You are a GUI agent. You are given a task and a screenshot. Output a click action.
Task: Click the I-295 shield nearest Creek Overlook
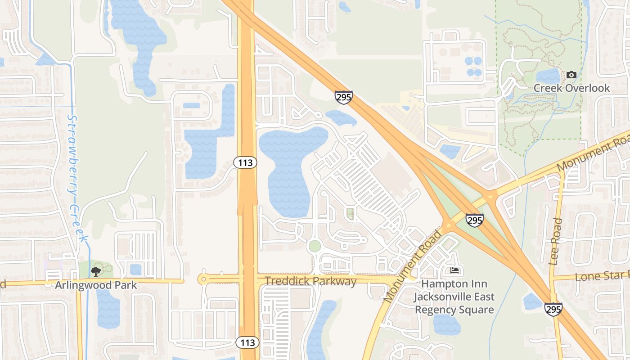coord(343,97)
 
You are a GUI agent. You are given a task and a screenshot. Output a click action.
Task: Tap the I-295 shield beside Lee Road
coord(553,309)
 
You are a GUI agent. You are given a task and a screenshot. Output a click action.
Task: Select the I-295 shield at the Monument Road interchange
coord(474,220)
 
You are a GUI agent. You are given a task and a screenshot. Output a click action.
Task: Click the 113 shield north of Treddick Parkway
coord(245,162)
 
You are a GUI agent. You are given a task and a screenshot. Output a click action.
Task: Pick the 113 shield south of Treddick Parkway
coord(247,342)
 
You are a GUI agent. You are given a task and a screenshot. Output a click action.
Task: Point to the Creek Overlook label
coord(571,88)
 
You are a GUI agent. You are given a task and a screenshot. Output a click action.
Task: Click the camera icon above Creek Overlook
coord(571,75)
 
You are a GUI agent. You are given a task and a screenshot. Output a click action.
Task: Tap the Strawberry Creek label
coord(75,178)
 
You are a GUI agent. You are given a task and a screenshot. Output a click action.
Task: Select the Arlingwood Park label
coord(96,285)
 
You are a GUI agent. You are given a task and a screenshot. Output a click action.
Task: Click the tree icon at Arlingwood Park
coord(95,271)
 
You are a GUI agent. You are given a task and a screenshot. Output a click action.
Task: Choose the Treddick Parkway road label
coord(310,282)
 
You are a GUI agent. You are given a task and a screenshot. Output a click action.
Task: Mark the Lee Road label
coord(556,241)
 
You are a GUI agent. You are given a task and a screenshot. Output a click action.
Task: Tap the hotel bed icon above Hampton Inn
coord(454,271)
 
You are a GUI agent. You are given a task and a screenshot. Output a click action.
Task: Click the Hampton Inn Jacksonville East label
coord(454,297)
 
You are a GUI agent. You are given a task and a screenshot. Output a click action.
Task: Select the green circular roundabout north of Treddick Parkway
coord(315,246)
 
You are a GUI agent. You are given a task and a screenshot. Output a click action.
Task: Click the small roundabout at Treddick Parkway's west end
coord(203,279)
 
